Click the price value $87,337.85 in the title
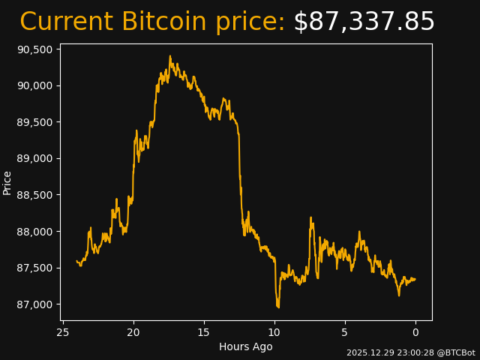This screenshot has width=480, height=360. (364, 22)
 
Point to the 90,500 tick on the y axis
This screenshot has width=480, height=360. (34, 49)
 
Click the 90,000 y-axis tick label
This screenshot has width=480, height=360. (34, 85)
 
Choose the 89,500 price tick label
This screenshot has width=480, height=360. (34, 122)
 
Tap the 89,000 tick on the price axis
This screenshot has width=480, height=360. (34, 158)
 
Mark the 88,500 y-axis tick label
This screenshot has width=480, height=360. (34, 195)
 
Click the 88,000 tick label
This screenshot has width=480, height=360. (34, 232)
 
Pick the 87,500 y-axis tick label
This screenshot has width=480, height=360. (34, 268)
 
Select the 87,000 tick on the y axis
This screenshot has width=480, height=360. (34, 304)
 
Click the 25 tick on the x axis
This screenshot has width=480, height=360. (63, 332)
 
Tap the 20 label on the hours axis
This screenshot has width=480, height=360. (133, 332)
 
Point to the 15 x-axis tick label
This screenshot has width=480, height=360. (204, 332)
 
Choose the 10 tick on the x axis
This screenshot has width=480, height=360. (274, 332)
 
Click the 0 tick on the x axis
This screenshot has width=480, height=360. (415, 332)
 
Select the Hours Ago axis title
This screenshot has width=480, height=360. (246, 346)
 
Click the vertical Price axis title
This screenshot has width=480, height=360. (7, 182)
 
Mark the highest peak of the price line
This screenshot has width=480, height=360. (170, 56)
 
